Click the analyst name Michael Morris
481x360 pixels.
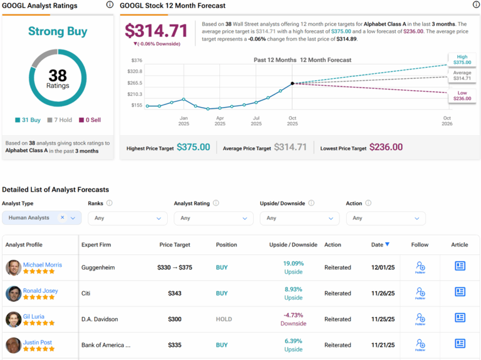click(x=43, y=265)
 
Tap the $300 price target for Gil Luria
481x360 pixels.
click(x=175, y=319)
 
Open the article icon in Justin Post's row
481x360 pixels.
click(x=460, y=343)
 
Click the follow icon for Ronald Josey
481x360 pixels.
click(x=420, y=293)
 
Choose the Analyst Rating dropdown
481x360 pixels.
click(x=213, y=218)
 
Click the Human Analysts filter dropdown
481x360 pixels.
click(x=41, y=218)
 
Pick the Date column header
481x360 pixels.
click(x=380, y=245)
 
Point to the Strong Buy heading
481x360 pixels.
click(x=58, y=31)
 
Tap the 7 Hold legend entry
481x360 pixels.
click(x=60, y=120)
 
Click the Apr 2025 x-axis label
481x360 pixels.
click(x=220, y=120)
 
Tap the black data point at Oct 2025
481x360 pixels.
click(x=292, y=83)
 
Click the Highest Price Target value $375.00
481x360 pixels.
click(x=193, y=147)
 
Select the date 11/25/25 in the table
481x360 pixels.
click(x=383, y=319)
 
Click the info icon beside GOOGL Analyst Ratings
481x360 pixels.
click(x=110, y=5)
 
